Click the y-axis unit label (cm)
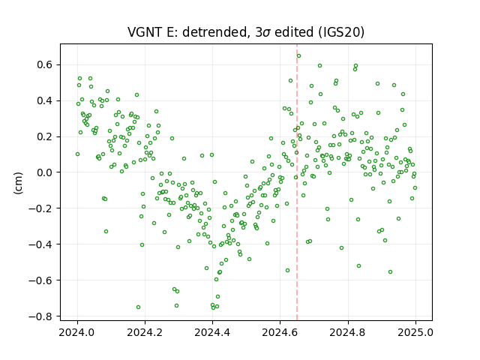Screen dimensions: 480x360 coord(18,183)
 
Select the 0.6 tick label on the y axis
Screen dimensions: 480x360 coord(45,65)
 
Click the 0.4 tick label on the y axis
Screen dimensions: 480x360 coord(45,100)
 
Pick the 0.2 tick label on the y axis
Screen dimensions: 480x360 coord(45,136)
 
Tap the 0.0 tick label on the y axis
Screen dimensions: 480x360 coord(45,172)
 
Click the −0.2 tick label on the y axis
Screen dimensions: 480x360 coord(41,208)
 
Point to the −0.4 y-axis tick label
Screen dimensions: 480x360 coord(41,244)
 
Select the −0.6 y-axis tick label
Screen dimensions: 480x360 coord(41,280)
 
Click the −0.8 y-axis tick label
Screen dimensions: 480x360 coord(41,316)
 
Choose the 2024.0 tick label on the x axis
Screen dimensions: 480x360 coord(77,332)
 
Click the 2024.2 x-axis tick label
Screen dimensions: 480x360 coord(145,332)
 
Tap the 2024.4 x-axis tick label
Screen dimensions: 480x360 coord(212,332)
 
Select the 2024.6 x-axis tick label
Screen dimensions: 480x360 coord(280,332)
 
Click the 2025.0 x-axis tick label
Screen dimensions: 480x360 coord(415,332)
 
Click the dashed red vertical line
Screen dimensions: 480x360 coord(297,182)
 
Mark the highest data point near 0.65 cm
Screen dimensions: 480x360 coord(298,55)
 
